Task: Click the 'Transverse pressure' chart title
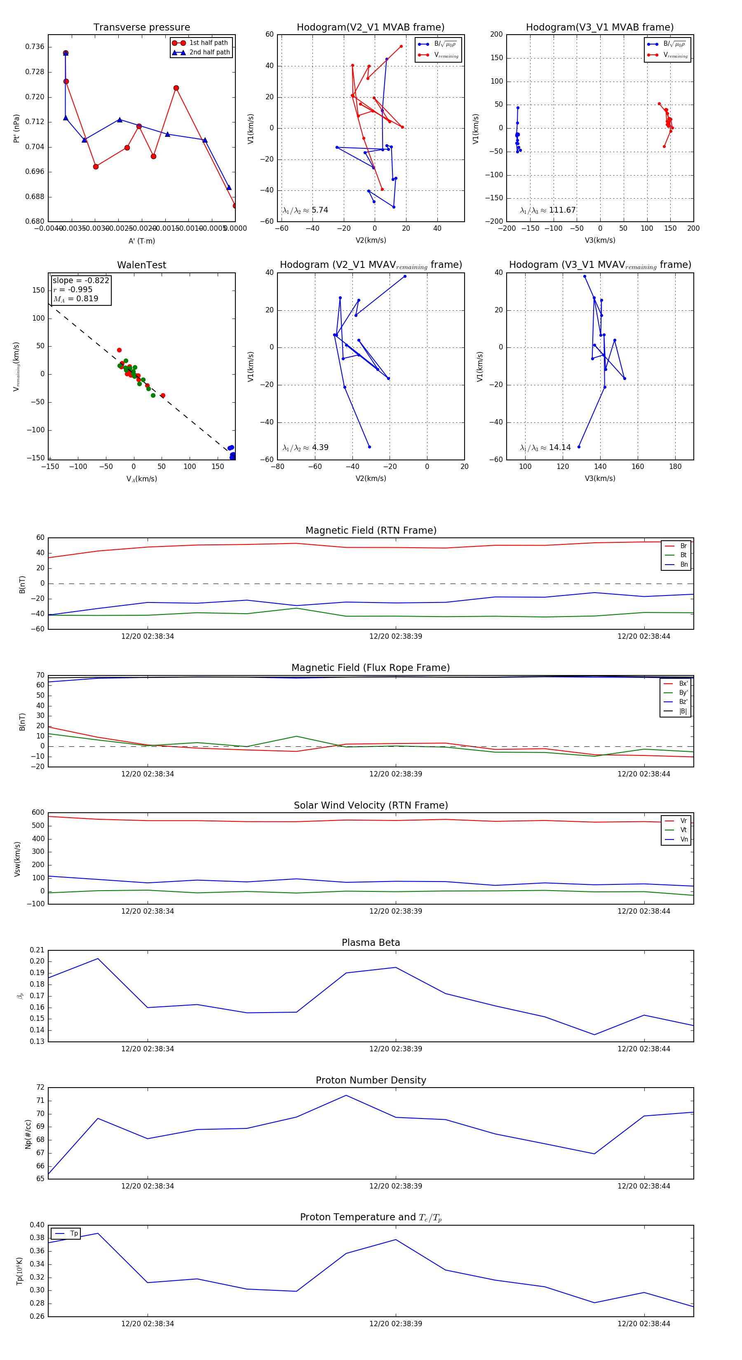tap(141, 28)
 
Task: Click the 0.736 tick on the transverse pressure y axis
tap(35, 47)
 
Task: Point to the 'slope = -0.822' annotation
tap(81, 280)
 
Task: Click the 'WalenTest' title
tap(141, 265)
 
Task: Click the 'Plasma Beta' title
tap(371, 943)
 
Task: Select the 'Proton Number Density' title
tap(371, 1080)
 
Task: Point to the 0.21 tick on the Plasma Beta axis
tap(37, 950)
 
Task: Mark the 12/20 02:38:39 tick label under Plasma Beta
tap(396, 1048)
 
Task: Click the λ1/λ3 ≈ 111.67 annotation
tap(548, 210)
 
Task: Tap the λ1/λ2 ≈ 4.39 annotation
tap(305, 448)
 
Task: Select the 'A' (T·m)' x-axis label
tap(141, 241)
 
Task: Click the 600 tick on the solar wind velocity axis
tap(38, 813)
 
